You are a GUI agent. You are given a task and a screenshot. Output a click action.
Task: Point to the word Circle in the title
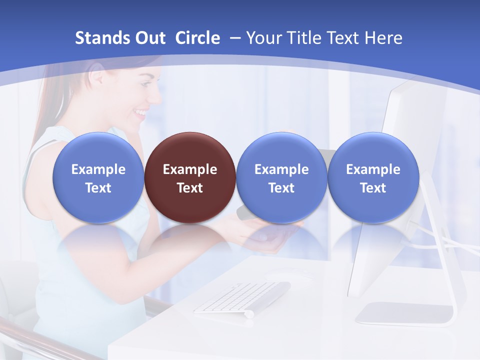[x=197, y=38]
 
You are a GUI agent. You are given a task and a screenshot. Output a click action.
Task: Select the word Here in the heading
[x=383, y=38]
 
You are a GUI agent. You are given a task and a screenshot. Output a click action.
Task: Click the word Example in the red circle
[x=190, y=169]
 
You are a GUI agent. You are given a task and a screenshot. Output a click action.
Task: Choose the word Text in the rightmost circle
[x=373, y=188]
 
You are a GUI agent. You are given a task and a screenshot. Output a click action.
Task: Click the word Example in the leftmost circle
[x=98, y=169]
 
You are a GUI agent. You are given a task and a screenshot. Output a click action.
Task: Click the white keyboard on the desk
[x=242, y=298]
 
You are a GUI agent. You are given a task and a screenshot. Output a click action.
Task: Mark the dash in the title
[x=233, y=38]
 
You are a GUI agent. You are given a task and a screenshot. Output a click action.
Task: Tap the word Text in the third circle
[x=281, y=188]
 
